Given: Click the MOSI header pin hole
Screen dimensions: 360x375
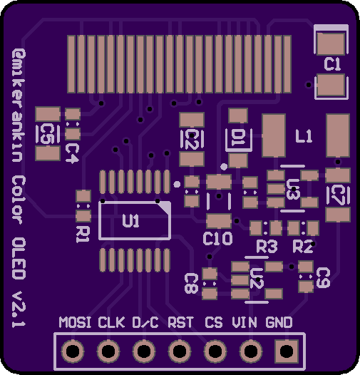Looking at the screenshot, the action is tap(73, 351).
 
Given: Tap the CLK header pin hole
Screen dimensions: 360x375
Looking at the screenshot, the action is tap(108, 351).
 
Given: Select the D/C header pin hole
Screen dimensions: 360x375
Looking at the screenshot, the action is tap(144, 351).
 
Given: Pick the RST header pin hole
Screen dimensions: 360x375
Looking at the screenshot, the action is tap(180, 351).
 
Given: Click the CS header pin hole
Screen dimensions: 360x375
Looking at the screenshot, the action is tap(215, 351).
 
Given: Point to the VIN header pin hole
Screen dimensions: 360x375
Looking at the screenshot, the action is tap(251, 351).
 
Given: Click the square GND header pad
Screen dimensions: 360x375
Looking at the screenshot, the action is tap(287, 351).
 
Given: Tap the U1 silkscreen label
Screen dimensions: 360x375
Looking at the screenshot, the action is tap(130, 220).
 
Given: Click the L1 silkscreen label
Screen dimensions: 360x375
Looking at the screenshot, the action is tap(304, 136).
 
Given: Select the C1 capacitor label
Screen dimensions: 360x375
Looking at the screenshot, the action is tap(332, 64).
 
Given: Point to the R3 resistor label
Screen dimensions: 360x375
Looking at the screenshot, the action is tap(267, 247).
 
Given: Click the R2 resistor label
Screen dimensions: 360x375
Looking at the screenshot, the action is tap(303, 247).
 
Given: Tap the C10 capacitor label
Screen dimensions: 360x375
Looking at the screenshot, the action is tap(217, 238).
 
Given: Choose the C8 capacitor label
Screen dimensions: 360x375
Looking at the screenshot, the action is tap(191, 284).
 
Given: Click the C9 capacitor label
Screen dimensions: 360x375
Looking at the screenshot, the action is tap(324, 277).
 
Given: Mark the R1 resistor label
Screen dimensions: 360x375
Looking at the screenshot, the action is tap(83, 235).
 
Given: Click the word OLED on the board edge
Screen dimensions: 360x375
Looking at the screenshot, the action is tap(19, 259).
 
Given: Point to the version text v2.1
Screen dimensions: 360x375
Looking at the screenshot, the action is tap(19, 309).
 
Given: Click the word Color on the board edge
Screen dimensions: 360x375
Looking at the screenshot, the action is tap(19, 200).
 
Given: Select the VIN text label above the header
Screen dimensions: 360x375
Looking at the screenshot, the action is tap(245, 322).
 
